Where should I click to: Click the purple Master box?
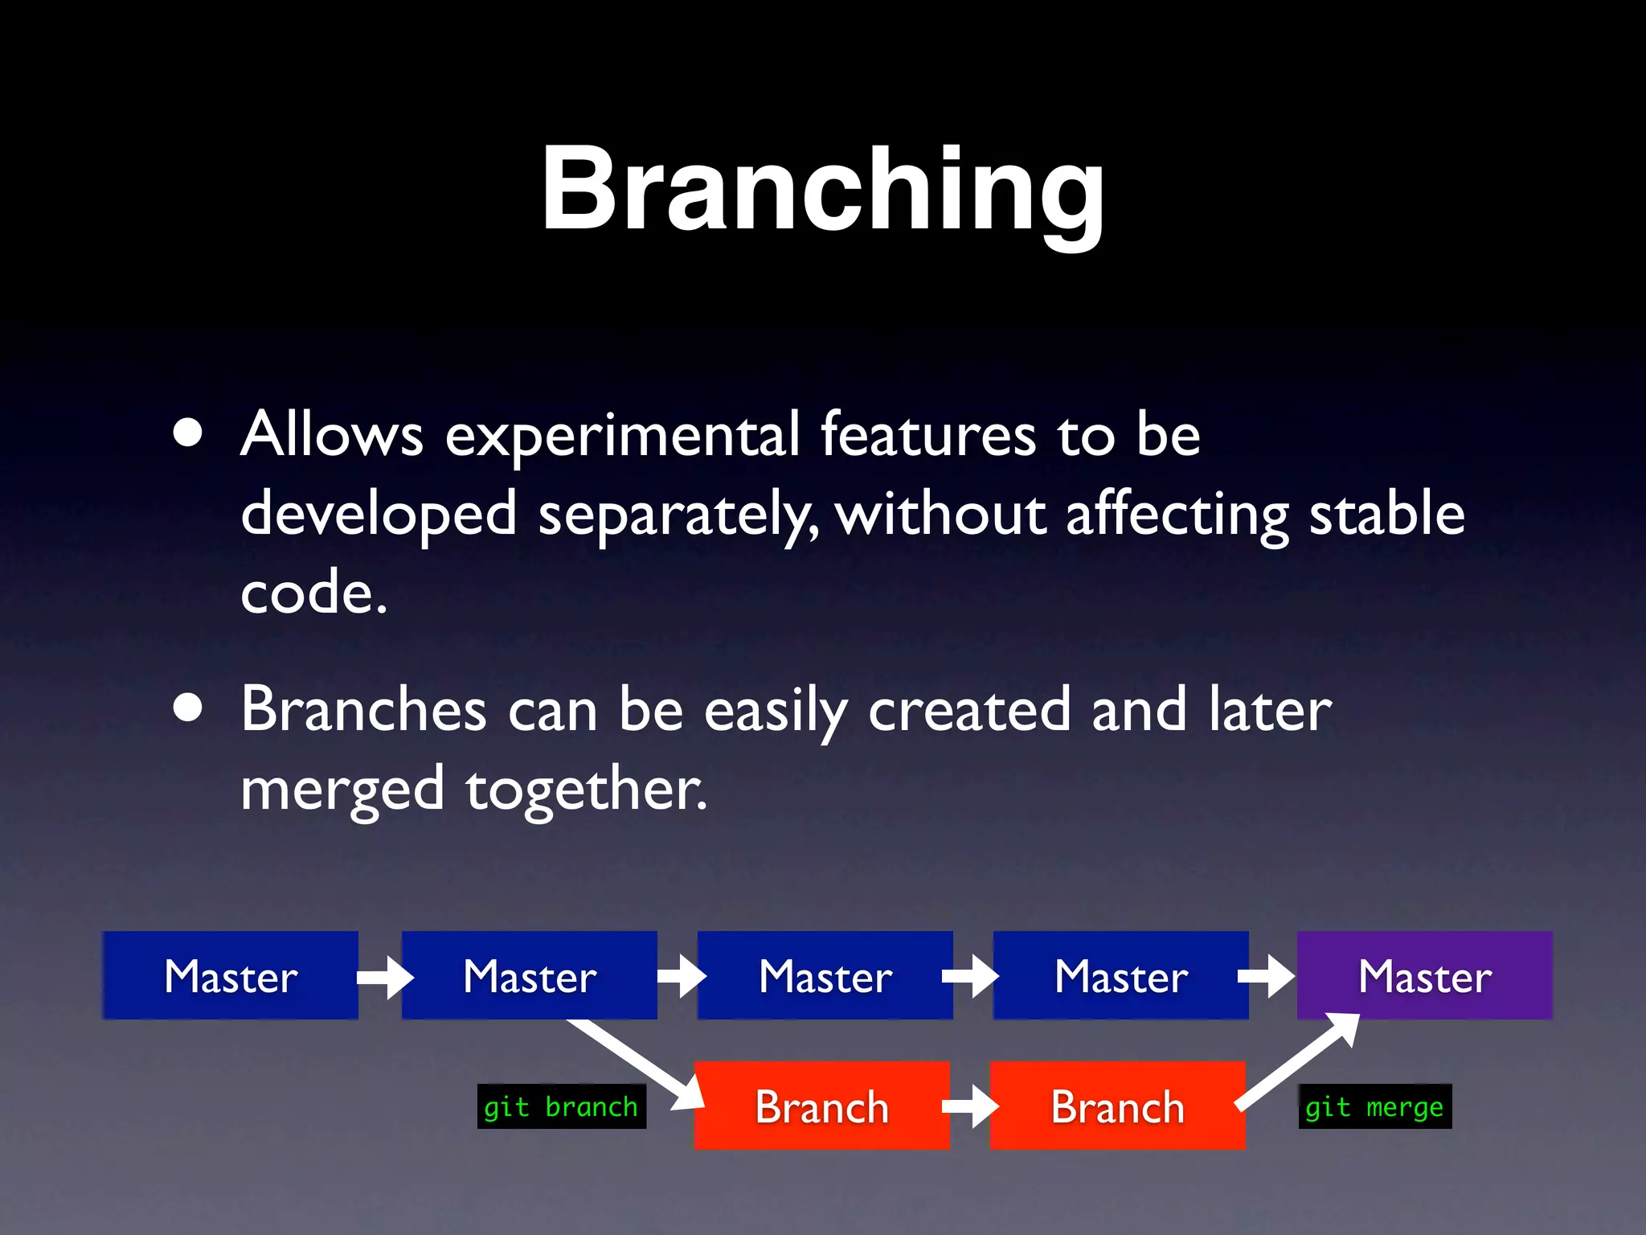point(1424,975)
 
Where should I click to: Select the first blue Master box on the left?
point(231,975)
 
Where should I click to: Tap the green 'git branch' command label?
point(561,1107)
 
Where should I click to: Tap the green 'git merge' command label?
point(1374,1107)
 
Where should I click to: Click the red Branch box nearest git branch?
point(821,1106)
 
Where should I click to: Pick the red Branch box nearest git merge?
point(1117,1106)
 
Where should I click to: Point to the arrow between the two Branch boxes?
point(970,1106)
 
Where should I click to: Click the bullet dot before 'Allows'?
point(188,433)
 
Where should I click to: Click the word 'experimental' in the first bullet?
point(622,436)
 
